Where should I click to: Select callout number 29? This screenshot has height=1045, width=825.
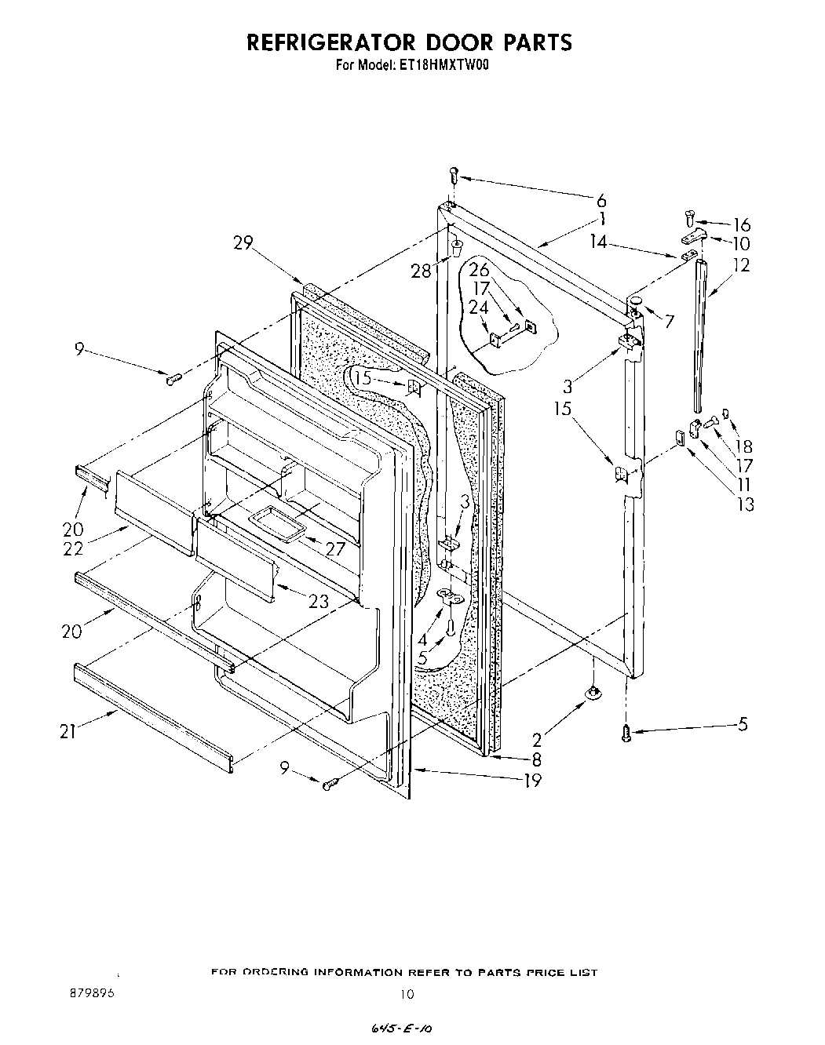243,243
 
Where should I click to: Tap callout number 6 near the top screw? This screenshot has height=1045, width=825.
601,201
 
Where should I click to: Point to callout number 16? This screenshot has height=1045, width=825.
741,225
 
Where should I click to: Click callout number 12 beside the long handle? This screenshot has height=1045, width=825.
740,265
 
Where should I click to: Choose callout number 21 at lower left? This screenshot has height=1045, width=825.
68,732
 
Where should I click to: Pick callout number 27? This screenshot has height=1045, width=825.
335,549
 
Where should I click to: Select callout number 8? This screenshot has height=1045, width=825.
536,759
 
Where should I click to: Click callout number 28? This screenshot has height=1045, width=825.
422,271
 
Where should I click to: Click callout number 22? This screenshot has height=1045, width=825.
72,549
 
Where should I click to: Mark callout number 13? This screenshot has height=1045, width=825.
745,504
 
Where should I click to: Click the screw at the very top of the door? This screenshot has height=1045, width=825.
453,175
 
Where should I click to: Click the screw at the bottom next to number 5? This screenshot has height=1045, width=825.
626,733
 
